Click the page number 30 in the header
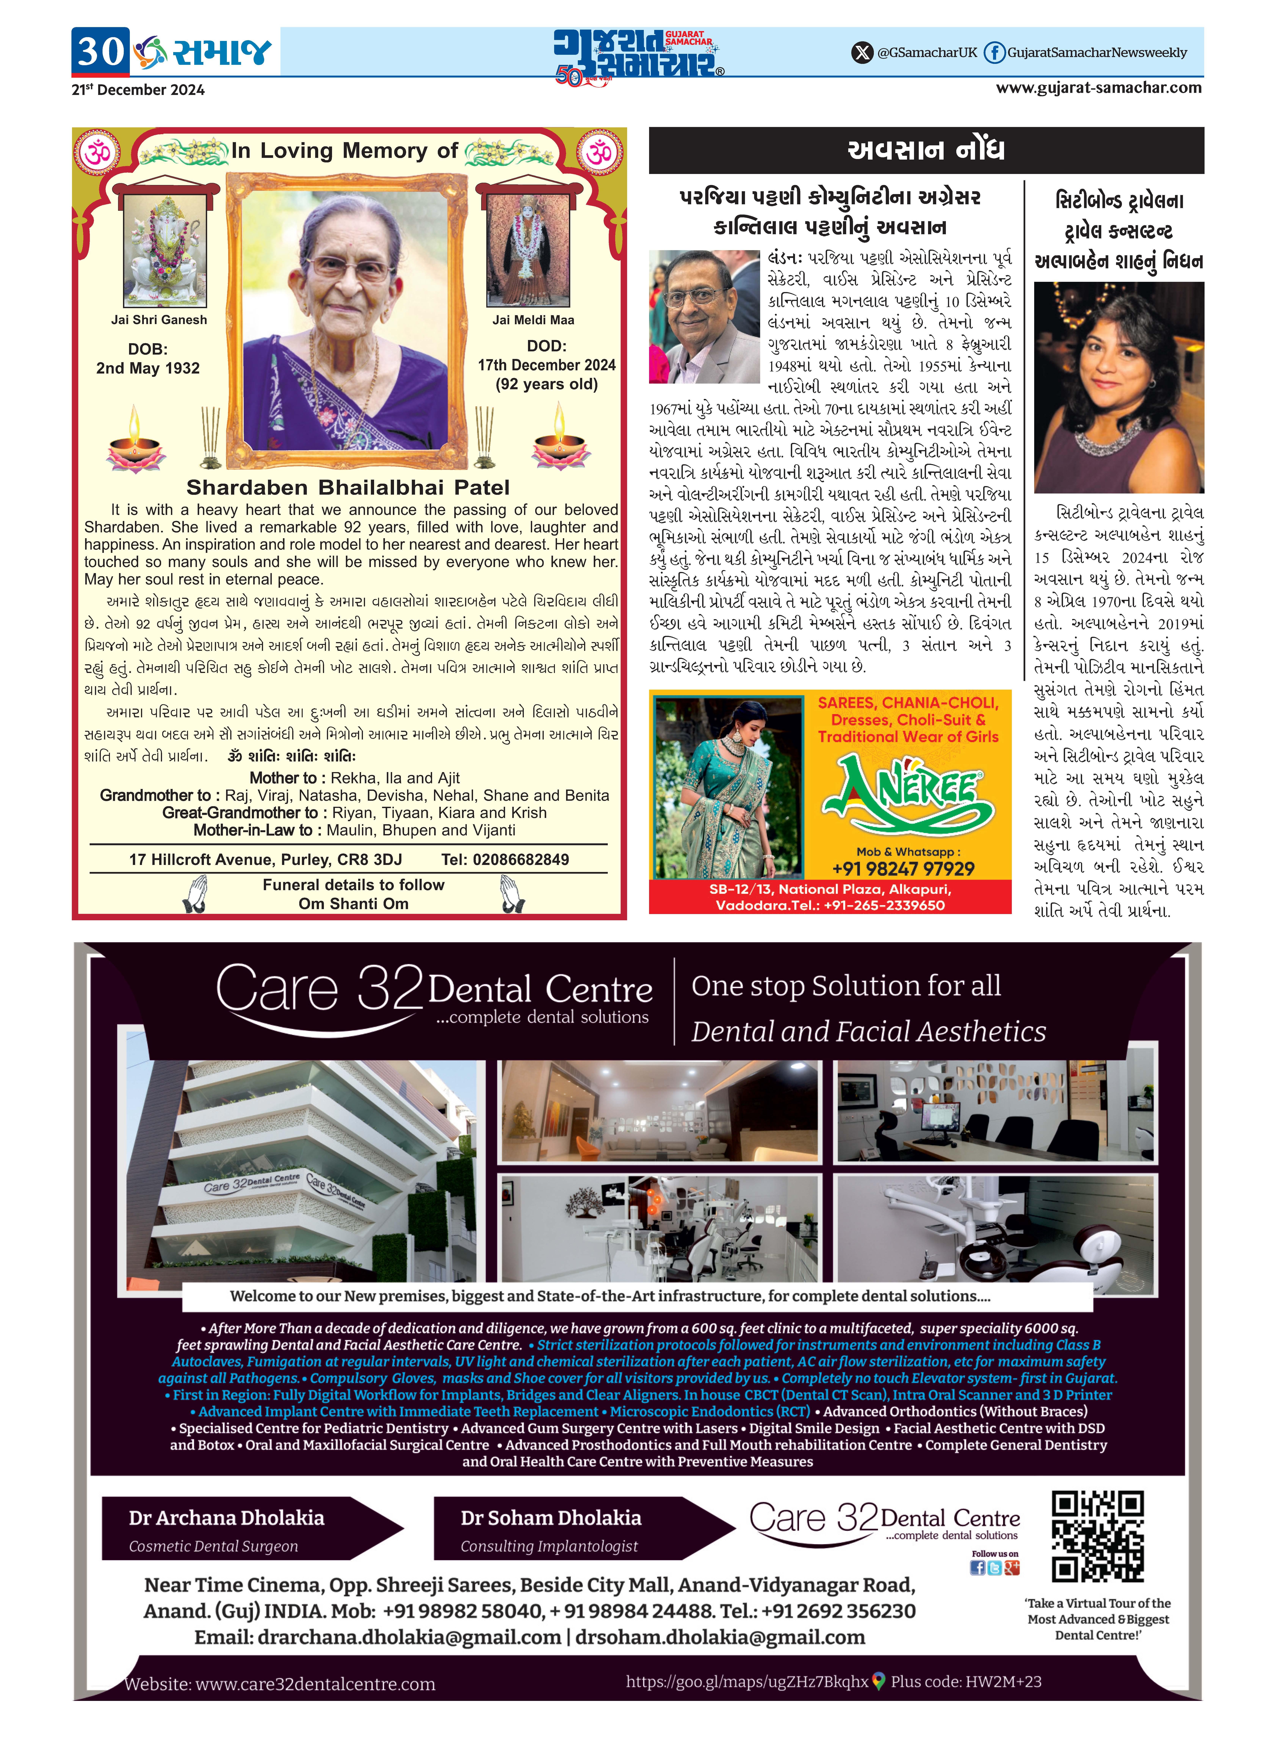click(100, 52)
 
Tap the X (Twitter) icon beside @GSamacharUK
click(861, 52)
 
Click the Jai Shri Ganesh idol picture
click(164, 251)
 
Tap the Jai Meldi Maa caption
click(533, 320)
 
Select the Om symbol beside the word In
click(98, 151)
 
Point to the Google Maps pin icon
click(878, 1681)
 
